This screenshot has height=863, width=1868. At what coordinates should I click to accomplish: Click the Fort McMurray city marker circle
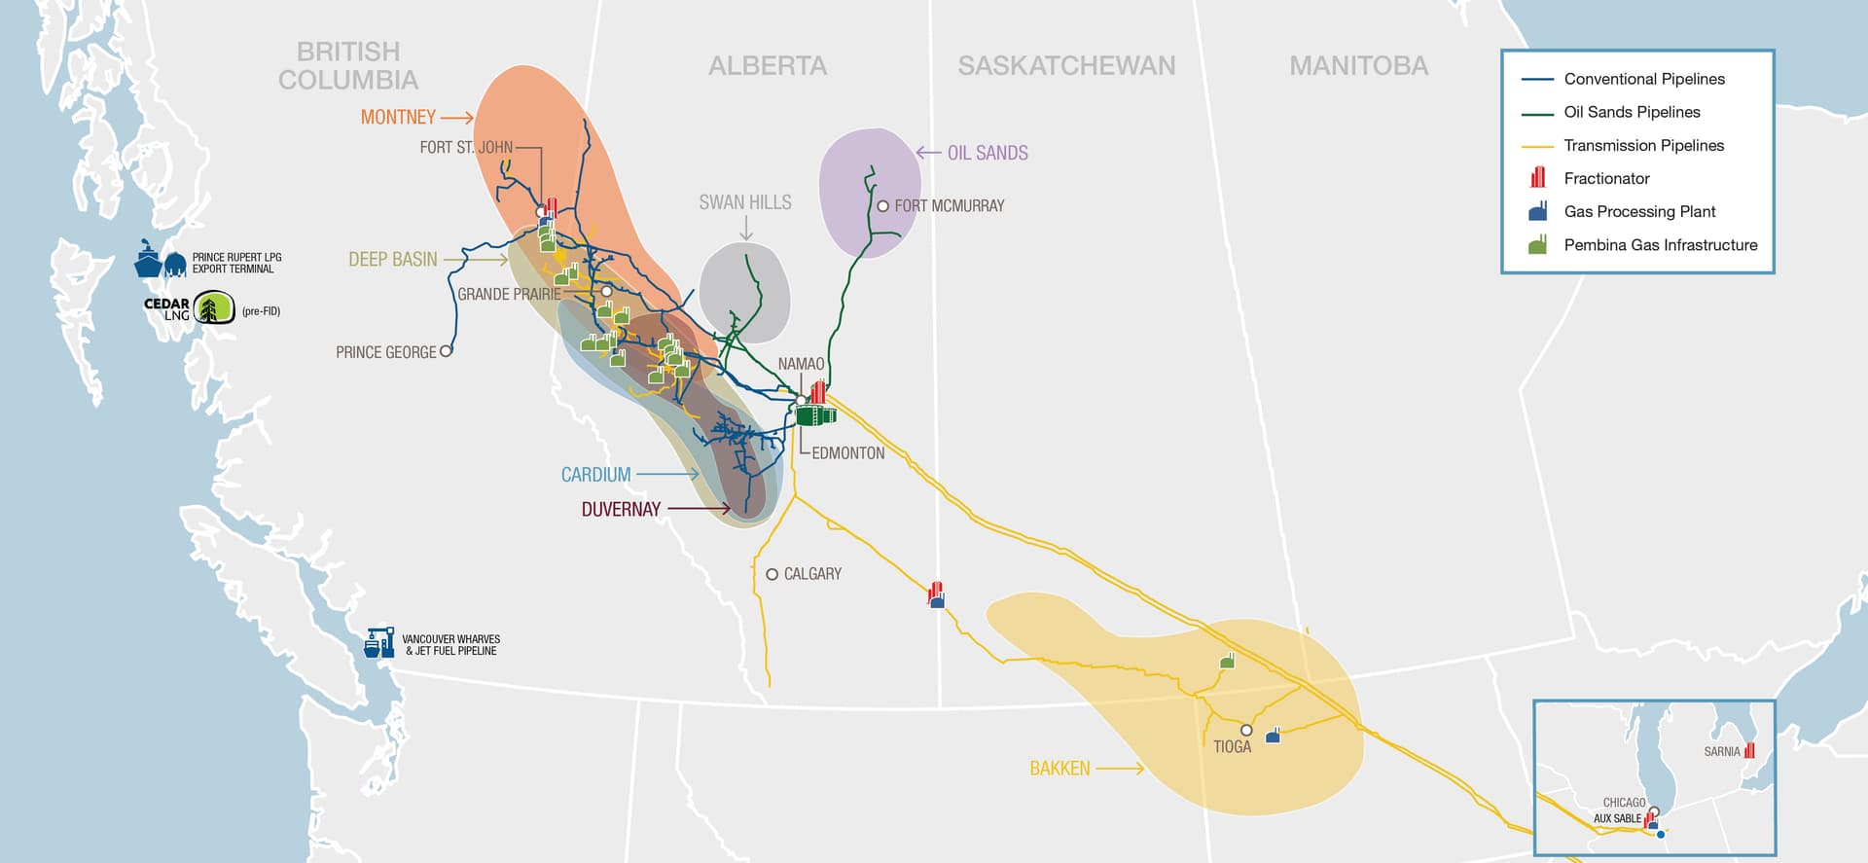click(883, 206)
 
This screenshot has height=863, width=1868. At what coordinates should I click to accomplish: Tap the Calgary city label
click(812, 574)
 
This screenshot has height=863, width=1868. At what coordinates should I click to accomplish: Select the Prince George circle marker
click(447, 351)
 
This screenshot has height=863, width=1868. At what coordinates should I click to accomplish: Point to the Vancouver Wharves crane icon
click(379, 642)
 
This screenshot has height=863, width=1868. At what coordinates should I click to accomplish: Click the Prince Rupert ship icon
click(148, 261)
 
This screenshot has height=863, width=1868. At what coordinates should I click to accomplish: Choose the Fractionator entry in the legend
click(1606, 178)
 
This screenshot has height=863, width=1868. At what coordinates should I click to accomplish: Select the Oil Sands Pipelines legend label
click(1632, 112)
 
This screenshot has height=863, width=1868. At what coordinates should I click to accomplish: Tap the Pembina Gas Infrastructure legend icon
click(1538, 245)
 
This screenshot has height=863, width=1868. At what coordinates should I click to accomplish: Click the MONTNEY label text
click(398, 117)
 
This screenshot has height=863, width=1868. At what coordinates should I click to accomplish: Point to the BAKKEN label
click(1060, 769)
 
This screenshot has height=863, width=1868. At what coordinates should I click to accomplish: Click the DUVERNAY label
click(621, 509)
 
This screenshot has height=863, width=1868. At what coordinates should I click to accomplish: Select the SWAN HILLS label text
click(745, 202)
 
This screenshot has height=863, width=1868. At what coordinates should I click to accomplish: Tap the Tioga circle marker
click(1246, 730)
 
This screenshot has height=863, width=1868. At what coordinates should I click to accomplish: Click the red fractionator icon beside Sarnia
click(1749, 751)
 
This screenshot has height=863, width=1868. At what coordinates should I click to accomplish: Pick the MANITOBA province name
click(1358, 65)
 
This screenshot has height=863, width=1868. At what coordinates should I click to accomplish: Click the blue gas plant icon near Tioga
click(1273, 736)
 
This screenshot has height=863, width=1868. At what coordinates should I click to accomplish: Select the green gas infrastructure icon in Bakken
click(1228, 661)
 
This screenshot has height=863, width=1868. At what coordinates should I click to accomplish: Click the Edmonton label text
click(847, 453)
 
